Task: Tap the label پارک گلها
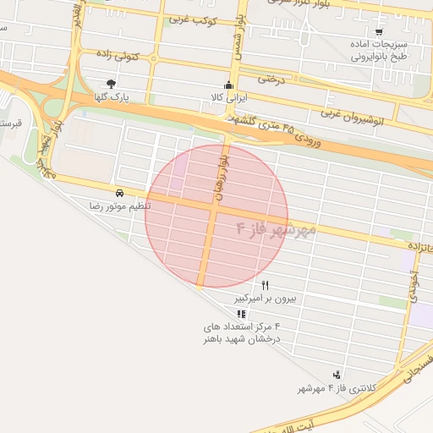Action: pos(112,97)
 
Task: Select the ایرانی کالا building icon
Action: pos(228,85)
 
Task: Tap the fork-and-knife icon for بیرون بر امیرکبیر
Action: pos(265,285)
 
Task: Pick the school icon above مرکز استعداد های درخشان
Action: pos(242,314)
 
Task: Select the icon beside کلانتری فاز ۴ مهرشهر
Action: pos(337,375)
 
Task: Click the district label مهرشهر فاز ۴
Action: pos(276,230)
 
